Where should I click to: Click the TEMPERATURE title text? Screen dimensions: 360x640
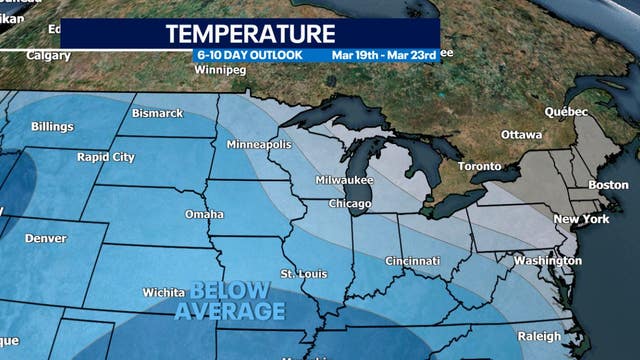pyautogui.click(x=249, y=34)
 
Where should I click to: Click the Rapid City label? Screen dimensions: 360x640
pyautogui.click(x=105, y=157)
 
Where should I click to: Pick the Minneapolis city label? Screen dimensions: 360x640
pyautogui.click(x=258, y=145)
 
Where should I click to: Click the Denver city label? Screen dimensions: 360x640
pyautogui.click(x=46, y=238)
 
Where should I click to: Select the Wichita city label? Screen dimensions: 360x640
pyautogui.click(x=163, y=292)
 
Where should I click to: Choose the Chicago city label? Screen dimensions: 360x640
pyautogui.click(x=350, y=204)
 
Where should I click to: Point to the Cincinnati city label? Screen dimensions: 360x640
pyautogui.click(x=413, y=261)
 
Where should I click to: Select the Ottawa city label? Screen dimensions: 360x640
pyautogui.click(x=521, y=134)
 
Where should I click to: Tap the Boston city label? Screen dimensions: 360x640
pyautogui.click(x=608, y=185)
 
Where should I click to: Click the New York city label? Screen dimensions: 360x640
pyautogui.click(x=581, y=219)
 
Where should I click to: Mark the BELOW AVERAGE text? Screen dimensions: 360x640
pyautogui.click(x=230, y=301)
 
